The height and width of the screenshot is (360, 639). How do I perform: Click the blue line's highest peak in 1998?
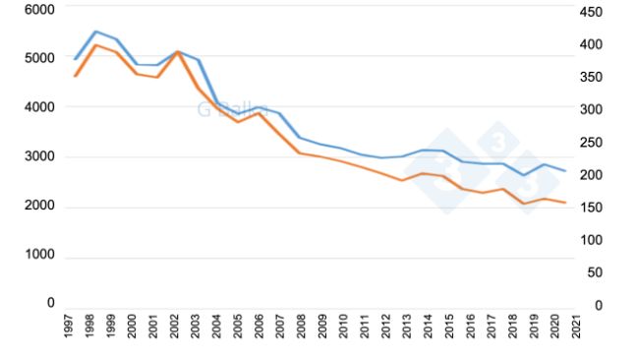pyautogui.click(x=95, y=31)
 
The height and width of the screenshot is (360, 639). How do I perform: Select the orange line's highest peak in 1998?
pyautogui.click(x=95, y=45)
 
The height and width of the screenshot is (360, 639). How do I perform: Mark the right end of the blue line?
pyautogui.click(x=565, y=171)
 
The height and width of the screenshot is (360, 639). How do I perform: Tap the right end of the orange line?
pyautogui.click(x=565, y=203)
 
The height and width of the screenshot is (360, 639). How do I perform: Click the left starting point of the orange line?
pyautogui.click(x=75, y=76)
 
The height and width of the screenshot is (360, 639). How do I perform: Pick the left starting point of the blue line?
pyautogui.click(x=75, y=59)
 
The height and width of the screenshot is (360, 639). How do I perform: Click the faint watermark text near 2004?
pyautogui.click(x=219, y=109)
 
